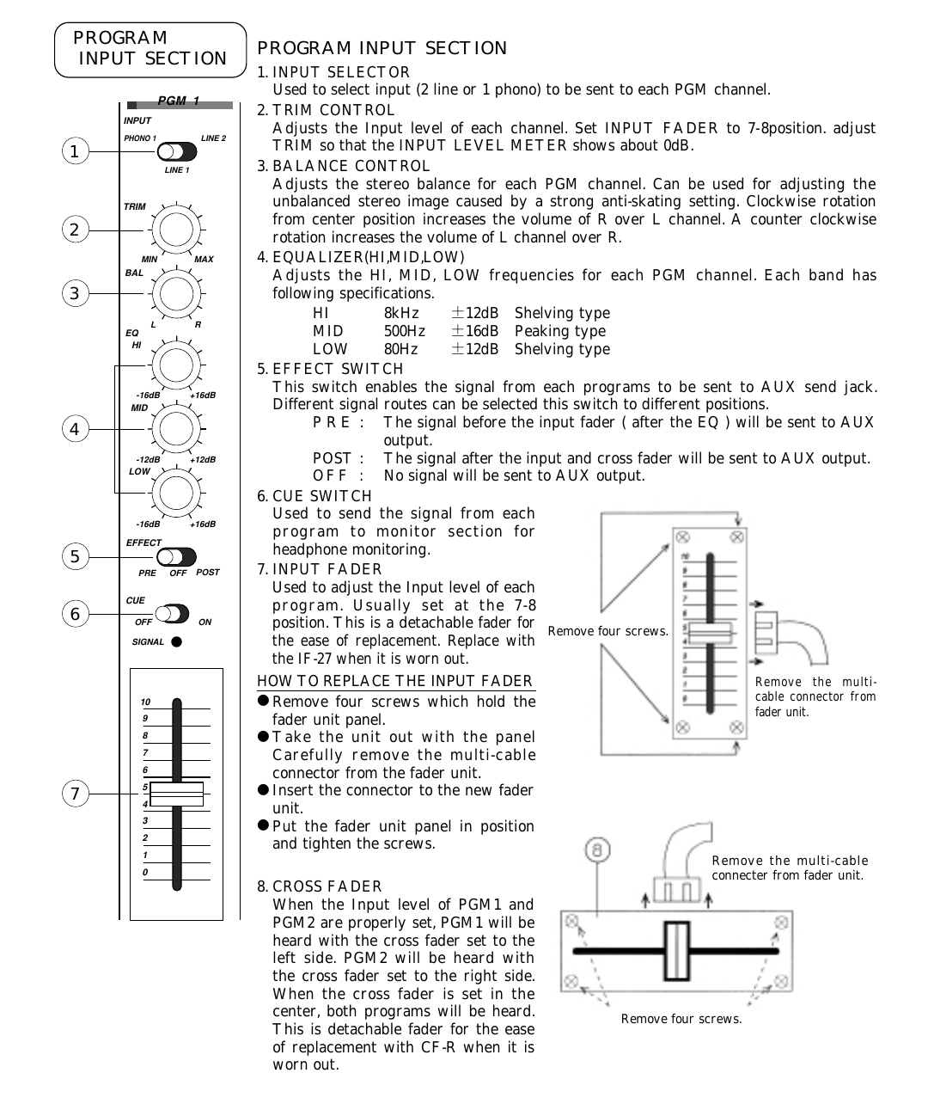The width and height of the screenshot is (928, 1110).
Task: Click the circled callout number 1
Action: pyautogui.click(x=75, y=152)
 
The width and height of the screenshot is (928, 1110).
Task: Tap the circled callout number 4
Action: pyautogui.click(x=75, y=429)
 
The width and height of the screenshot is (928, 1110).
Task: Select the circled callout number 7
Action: pyautogui.click(x=75, y=794)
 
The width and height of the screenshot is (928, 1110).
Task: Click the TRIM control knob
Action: pyautogui.click(x=175, y=230)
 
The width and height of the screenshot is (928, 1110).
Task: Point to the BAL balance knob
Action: pyautogui.click(x=175, y=294)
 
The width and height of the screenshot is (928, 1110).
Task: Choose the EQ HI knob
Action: pyautogui.click(x=175, y=365)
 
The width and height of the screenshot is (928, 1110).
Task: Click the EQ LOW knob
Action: pyautogui.click(x=175, y=493)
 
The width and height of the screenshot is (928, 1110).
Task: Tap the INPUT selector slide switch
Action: pyautogui.click(x=177, y=152)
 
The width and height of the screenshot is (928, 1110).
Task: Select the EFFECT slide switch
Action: pyautogui.click(x=177, y=557)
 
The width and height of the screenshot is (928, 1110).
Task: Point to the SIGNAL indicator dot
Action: pyautogui.click(x=176, y=641)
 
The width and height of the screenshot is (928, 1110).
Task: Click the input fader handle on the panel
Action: pyautogui.click(x=177, y=794)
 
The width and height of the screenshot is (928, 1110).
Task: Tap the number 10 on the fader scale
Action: pyautogui.click(x=146, y=702)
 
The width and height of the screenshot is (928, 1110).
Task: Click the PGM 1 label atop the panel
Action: pyautogui.click(x=179, y=101)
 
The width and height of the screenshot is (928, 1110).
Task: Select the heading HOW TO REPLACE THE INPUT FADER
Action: pyautogui.click(x=395, y=682)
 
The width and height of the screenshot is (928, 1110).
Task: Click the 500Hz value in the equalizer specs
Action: pyautogui.click(x=404, y=332)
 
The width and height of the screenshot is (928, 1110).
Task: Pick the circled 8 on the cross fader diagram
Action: pyautogui.click(x=598, y=850)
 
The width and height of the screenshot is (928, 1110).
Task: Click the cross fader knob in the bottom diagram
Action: pyautogui.click(x=676, y=951)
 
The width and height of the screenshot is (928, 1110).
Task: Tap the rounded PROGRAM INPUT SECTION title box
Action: pyautogui.click(x=150, y=49)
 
